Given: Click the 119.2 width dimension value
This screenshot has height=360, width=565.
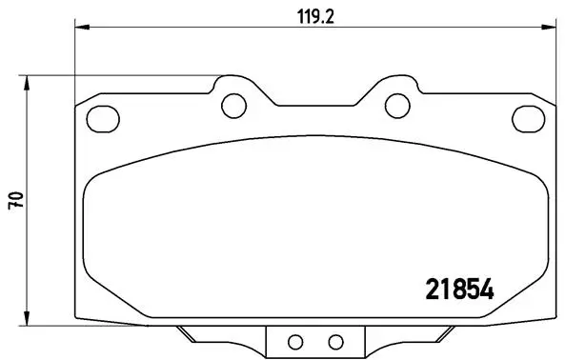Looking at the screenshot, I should pyautogui.click(x=315, y=17).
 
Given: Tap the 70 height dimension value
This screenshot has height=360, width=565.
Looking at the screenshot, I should pyautogui.click(x=14, y=199).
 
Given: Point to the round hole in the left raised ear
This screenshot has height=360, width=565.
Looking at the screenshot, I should pyautogui.click(x=232, y=103).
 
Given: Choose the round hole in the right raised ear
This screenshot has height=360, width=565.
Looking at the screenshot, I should pyautogui.click(x=394, y=103).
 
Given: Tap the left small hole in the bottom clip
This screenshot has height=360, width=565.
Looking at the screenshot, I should pyautogui.click(x=294, y=341).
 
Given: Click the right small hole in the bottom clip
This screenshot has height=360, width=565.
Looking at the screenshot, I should pyautogui.click(x=334, y=341).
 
